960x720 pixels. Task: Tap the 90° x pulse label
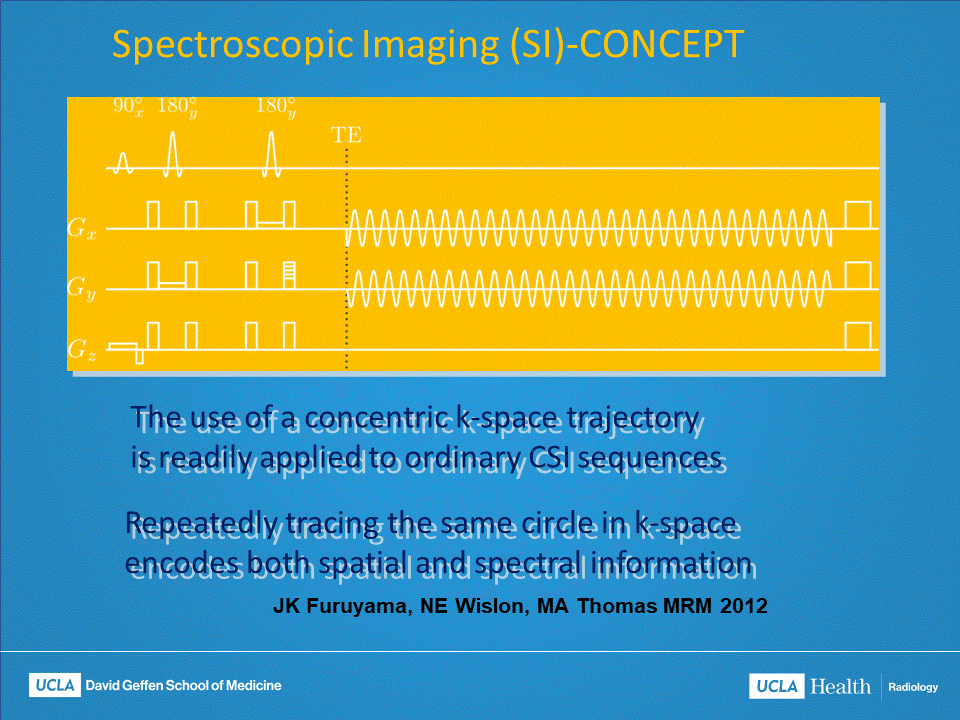coord(128,106)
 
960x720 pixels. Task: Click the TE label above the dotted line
coord(346,137)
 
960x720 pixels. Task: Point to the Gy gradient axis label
coord(82,289)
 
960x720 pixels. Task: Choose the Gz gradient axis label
coord(82,349)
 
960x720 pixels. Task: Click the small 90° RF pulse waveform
coord(124,162)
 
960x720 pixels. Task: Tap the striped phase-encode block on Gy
coord(289,274)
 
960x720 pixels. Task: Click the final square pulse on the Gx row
coord(858,214)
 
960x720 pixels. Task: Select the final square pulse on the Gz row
coord(858,336)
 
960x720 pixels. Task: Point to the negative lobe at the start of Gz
coord(140,355)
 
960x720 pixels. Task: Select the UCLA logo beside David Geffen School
coord(56,685)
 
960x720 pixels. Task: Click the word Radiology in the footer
coord(913,687)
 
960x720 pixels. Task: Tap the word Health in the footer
coord(840,686)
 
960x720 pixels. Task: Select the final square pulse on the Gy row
coord(858,275)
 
